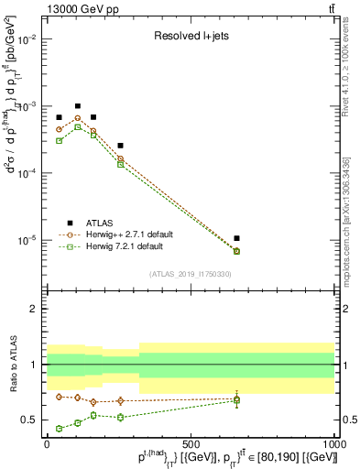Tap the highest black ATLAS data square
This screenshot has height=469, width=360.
[x=78, y=106]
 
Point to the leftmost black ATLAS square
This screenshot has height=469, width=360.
[x=59, y=117]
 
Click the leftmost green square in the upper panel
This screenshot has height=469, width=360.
[x=59, y=140]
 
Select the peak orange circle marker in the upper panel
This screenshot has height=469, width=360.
[x=78, y=118]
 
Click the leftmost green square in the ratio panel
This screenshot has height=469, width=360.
[x=59, y=428]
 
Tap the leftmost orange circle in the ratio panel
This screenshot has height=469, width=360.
[x=59, y=397]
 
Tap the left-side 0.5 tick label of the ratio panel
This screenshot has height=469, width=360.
[x=30, y=420]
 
